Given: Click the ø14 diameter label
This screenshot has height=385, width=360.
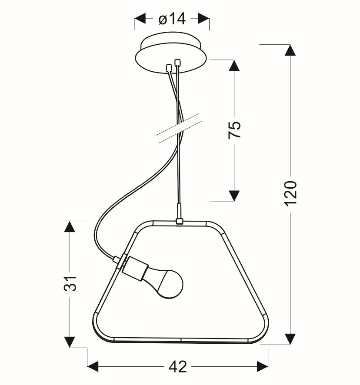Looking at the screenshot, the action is pos(172,19).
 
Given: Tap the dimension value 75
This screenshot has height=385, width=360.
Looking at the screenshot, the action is pos(234,130).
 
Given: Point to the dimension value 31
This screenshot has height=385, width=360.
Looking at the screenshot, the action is pos(70,284).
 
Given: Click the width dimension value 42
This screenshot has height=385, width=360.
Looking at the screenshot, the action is pos(178,367).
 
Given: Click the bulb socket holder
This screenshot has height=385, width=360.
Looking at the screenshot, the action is pos(135,269).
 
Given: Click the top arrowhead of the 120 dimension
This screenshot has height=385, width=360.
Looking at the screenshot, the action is pos(290,50).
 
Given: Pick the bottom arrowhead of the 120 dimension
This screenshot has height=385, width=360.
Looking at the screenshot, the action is pos(290,339).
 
